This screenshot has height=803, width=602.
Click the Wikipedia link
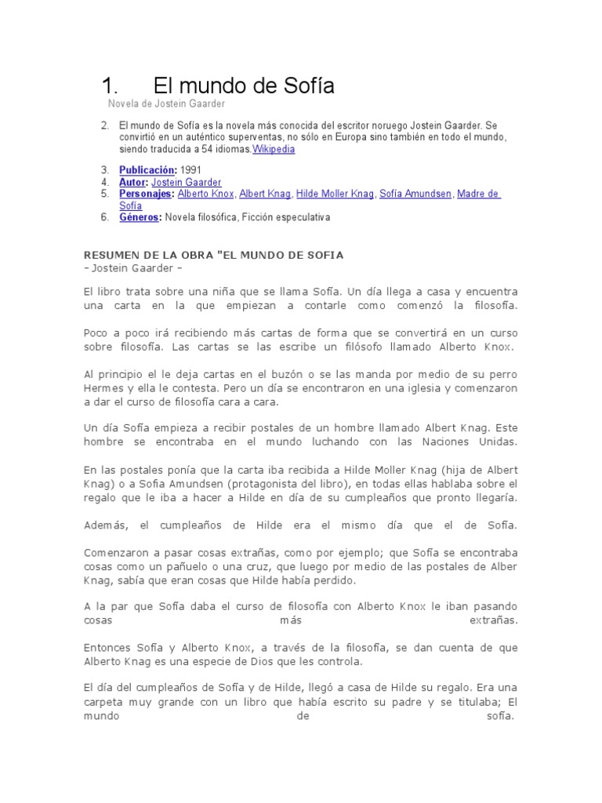[x=273, y=149]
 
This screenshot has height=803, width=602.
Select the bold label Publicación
[x=148, y=170]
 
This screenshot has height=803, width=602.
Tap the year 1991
[x=190, y=170]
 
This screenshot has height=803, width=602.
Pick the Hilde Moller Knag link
[x=335, y=194]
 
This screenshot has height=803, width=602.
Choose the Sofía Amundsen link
[x=415, y=194]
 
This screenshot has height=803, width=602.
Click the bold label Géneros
[x=140, y=217]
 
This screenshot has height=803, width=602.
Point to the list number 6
[x=104, y=217]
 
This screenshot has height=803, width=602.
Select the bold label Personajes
[x=147, y=194]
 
